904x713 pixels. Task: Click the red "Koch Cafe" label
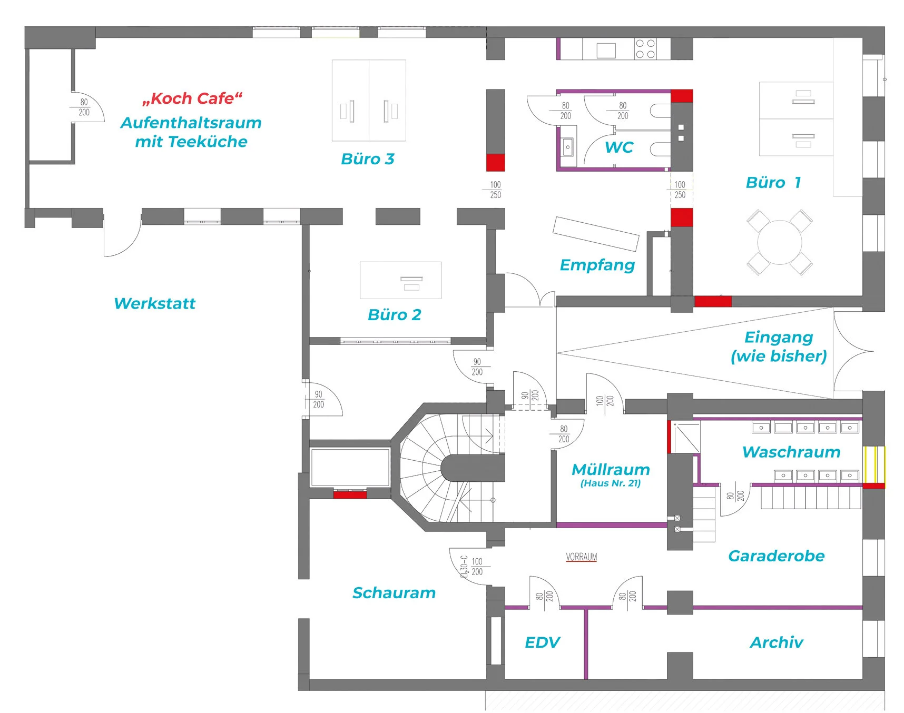192,98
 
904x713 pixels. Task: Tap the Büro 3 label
368,159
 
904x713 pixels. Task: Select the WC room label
619,147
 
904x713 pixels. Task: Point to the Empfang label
597,265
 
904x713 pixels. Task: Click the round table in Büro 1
779,242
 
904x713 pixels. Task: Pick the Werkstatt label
154,303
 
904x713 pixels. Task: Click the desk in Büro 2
400,280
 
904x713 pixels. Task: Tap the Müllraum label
611,469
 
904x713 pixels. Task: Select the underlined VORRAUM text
582,557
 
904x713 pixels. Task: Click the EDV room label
542,642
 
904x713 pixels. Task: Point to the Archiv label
777,642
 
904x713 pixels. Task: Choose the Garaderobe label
776,556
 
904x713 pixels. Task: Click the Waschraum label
791,452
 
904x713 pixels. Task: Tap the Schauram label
394,593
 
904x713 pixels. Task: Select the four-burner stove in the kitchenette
645,49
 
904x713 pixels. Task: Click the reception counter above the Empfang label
596,234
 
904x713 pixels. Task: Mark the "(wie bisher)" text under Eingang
779,356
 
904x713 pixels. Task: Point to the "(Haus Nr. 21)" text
611,483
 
